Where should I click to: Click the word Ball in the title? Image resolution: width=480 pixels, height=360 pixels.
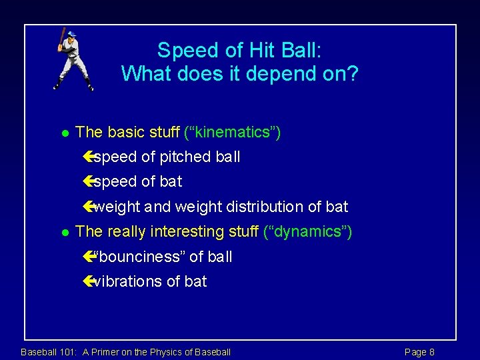coord(303,51)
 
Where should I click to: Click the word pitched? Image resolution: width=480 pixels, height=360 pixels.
coord(181,157)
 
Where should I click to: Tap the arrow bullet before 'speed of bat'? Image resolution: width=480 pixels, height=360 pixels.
coord(89,181)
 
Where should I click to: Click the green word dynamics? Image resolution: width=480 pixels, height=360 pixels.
coord(308,232)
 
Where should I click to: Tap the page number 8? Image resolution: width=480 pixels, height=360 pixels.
coord(431,352)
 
